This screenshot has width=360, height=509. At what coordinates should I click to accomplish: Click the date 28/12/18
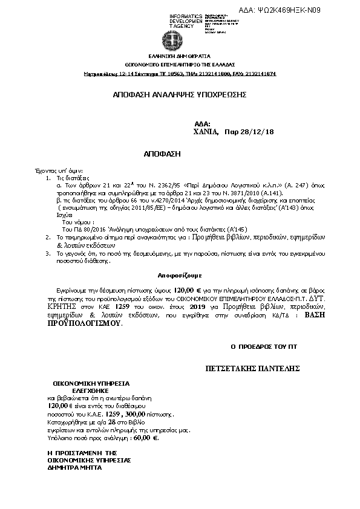257,131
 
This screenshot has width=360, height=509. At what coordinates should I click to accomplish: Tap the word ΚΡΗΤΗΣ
64,307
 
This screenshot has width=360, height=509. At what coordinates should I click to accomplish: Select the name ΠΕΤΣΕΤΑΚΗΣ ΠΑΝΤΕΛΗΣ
254,369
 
